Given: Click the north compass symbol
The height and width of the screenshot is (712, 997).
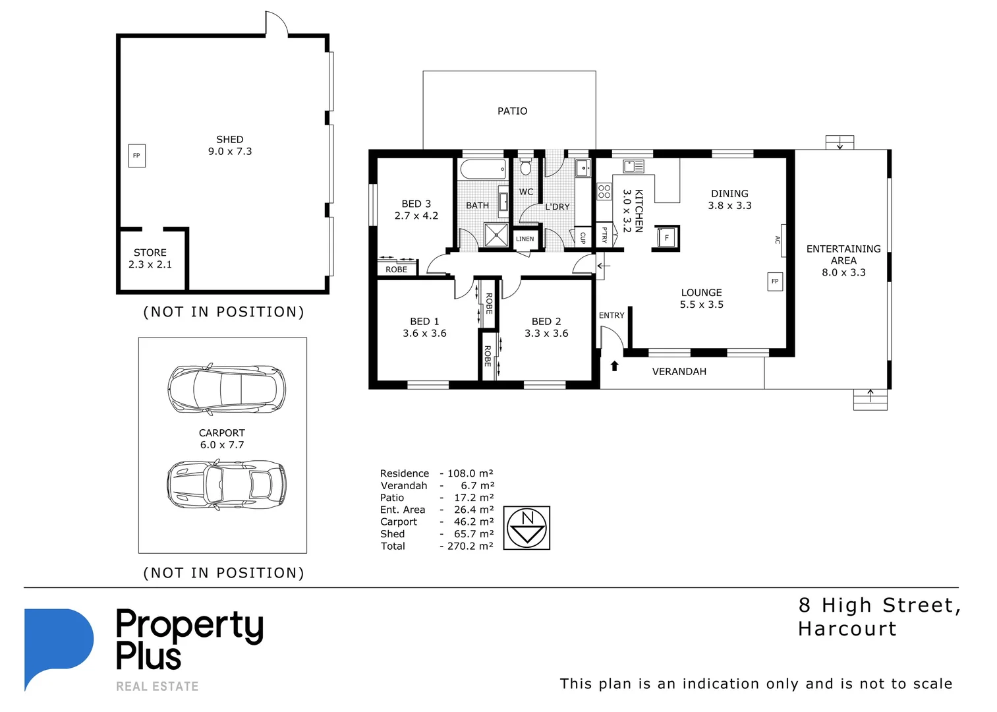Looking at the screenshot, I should coord(527,528).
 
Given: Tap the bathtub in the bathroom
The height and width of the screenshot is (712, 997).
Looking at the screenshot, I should coord(483,169).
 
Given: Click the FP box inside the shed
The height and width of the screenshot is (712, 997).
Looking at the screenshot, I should coord(136,156).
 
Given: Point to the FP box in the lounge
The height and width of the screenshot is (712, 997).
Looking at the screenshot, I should coord(775,282).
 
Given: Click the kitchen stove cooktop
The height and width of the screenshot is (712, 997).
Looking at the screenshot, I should coord(604,192).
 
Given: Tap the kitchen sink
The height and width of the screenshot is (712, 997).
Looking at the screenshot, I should coord(633,166).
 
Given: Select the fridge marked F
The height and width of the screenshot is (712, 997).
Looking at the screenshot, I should coord(666,237).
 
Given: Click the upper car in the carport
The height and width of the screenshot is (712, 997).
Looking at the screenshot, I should coord(226,389).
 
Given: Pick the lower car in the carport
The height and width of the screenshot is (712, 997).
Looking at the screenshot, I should coord(226,485).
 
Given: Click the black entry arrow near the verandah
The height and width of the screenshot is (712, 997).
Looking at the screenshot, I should coord(615,366).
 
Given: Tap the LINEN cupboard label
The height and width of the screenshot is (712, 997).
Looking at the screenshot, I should coord(525,239).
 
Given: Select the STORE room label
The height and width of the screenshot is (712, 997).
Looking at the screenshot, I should coord(150,252).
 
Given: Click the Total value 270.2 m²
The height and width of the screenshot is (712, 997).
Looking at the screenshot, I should coord(470,546).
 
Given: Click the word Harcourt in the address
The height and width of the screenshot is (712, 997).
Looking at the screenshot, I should coord(847,629).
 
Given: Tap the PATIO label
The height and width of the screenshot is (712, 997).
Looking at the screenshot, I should coord(512,111).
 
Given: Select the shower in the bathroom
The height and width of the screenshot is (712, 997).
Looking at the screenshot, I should coord(496,235).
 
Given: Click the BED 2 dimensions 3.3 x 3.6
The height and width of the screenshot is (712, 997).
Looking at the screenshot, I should coord(546,334).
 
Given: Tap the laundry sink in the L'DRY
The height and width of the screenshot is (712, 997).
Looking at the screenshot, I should coord(583,168).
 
